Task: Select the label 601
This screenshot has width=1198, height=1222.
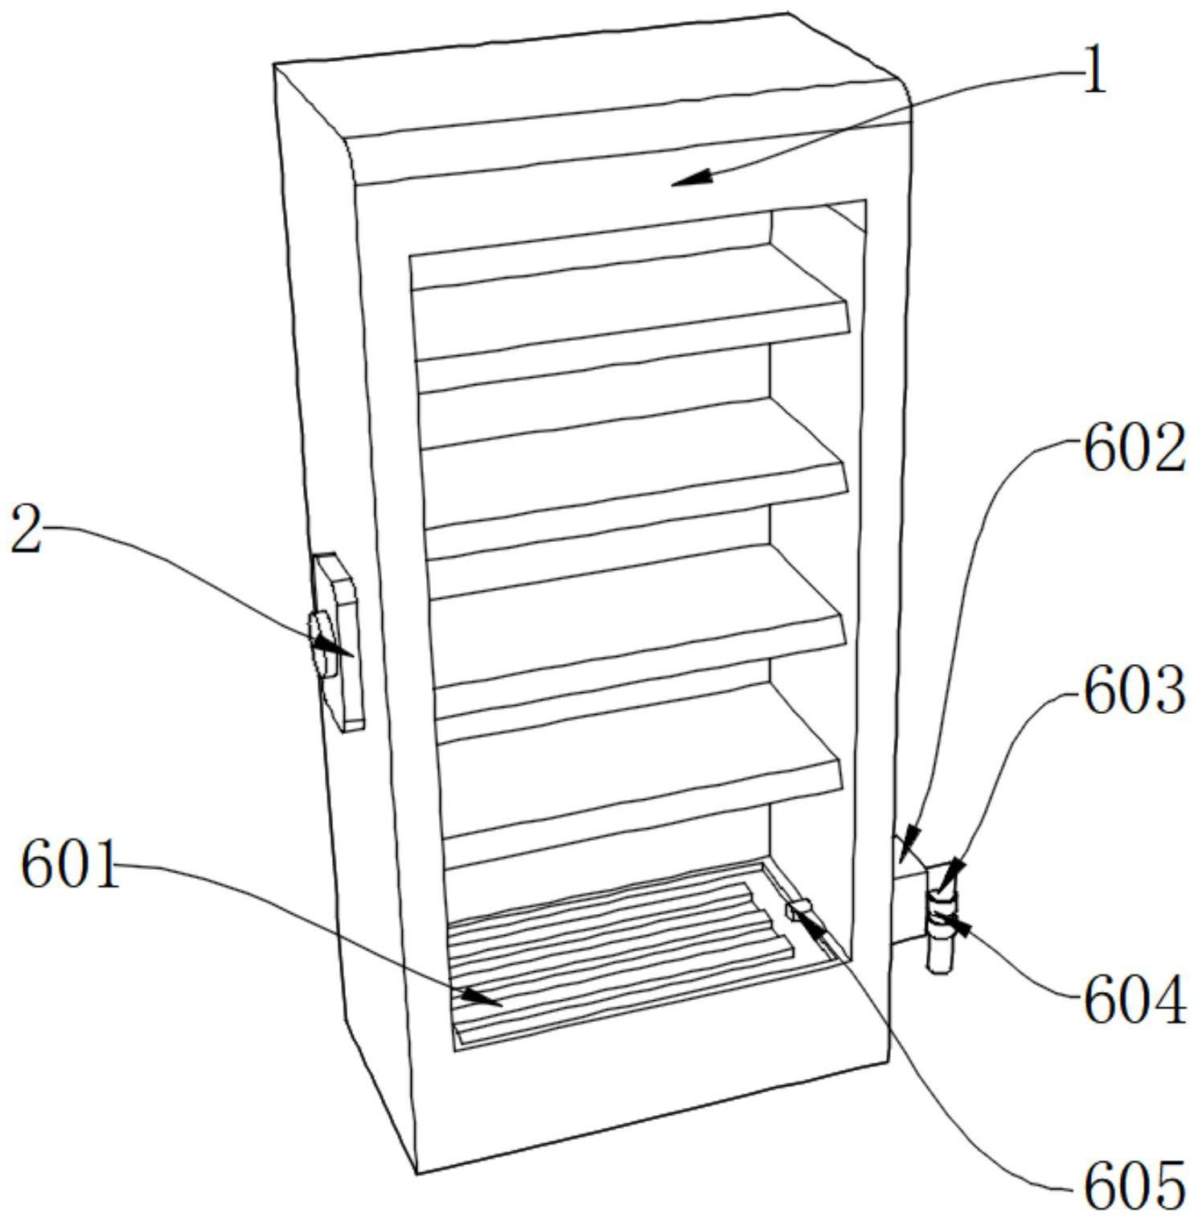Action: click(71, 865)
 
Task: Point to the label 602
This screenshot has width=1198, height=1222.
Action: click(1134, 449)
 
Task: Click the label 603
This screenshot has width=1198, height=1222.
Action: click(1134, 691)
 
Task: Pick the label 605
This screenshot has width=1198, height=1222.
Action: click(1134, 1185)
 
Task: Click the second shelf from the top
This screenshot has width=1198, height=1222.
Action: click(631, 462)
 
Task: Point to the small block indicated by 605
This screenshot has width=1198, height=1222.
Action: click(799, 910)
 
